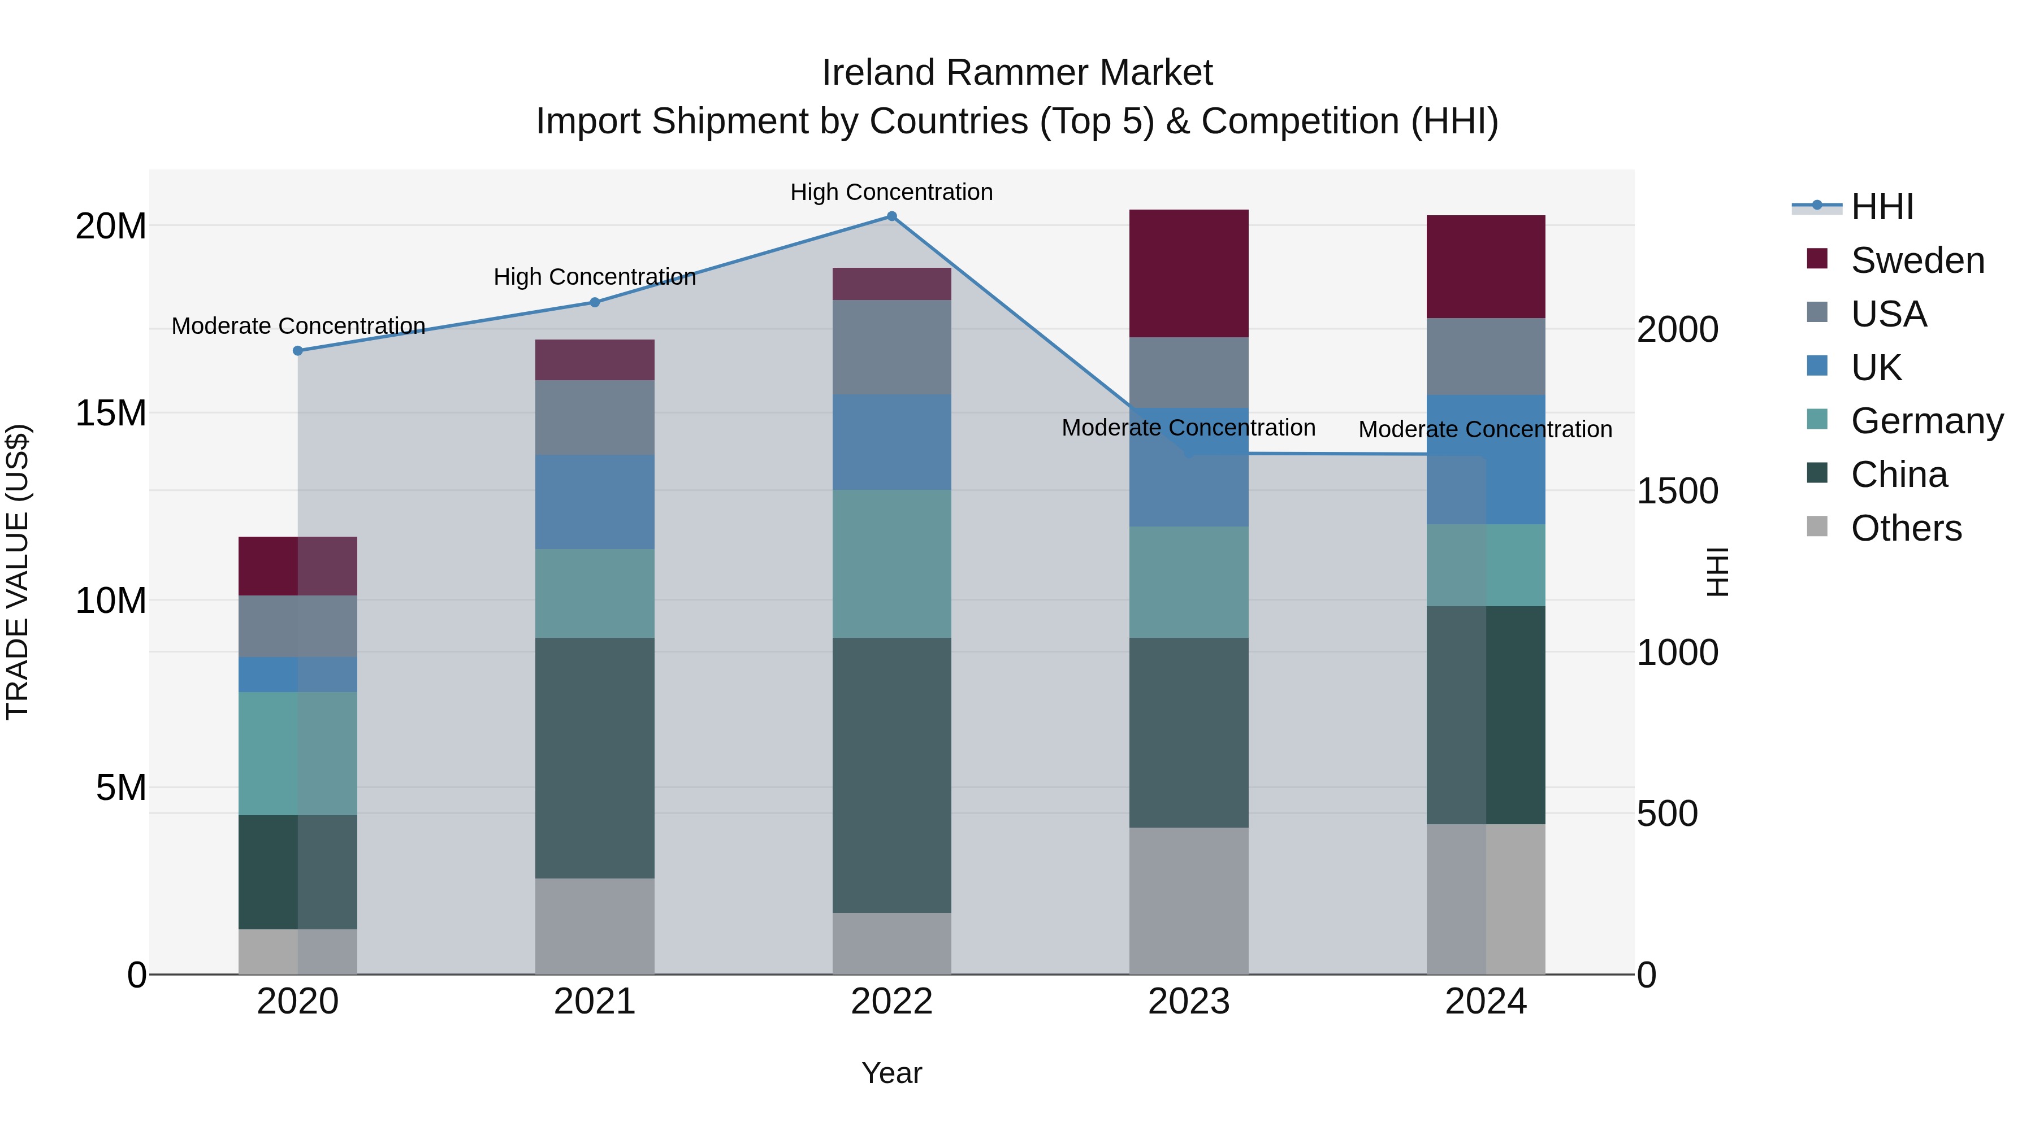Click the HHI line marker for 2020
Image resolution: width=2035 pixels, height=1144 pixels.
tap(298, 350)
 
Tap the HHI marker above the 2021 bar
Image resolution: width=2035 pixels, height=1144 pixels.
tap(595, 302)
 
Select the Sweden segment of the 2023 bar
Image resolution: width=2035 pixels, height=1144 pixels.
tap(1188, 273)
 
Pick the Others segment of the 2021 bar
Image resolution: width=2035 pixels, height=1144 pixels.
tap(595, 926)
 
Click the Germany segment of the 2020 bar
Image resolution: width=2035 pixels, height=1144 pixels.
tap(298, 753)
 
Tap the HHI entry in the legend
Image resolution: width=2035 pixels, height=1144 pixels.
tap(1882, 207)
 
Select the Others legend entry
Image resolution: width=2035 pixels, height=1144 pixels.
tap(1906, 528)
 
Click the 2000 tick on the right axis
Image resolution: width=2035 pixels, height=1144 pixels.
tap(1677, 329)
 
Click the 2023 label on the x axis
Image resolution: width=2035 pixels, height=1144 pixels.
tap(1188, 1002)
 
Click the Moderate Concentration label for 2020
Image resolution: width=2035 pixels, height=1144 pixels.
tap(298, 326)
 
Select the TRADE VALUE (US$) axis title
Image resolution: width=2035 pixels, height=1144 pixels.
tap(18, 572)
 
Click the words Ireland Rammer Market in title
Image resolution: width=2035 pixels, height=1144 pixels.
tap(1017, 73)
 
